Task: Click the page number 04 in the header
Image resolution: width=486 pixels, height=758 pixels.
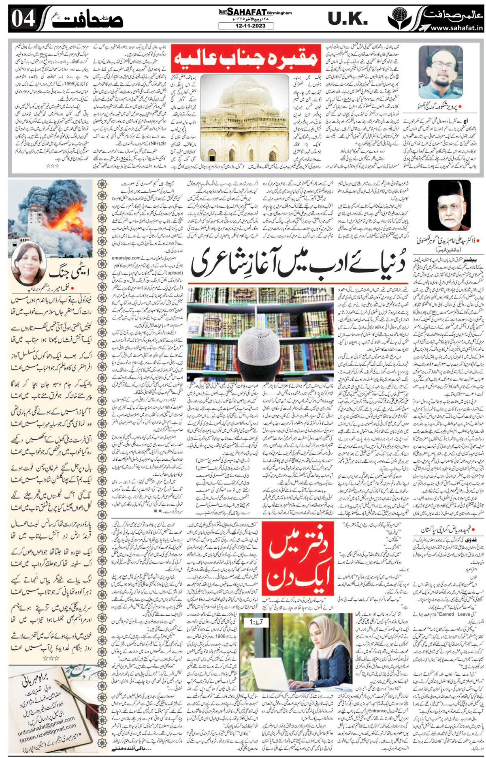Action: point(23,19)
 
